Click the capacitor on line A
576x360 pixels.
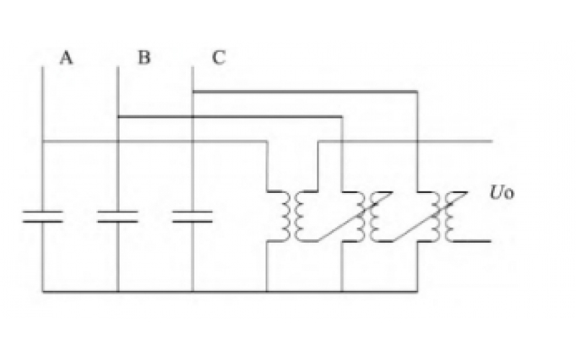(42, 216)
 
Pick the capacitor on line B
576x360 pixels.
(117, 216)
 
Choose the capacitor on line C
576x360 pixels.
(192, 216)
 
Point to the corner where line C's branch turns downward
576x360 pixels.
(417, 92)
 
